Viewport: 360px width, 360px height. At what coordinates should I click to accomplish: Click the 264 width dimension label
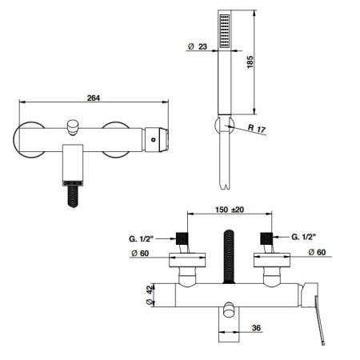pyautogui.click(x=94, y=98)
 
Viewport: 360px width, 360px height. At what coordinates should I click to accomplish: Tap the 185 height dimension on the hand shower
pyautogui.click(x=250, y=62)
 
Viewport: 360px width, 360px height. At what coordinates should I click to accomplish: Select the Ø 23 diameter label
pyautogui.click(x=198, y=46)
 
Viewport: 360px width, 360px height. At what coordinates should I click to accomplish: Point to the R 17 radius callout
pyautogui.click(x=257, y=129)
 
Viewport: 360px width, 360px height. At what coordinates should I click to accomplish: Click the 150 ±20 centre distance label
pyautogui.click(x=230, y=210)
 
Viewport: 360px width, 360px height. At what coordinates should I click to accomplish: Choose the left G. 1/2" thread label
pyautogui.click(x=141, y=239)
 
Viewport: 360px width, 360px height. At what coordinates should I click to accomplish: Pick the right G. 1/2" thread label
pyautogui.click(x=303, y=237)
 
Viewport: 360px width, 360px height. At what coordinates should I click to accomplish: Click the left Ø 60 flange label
pyautogui.click(x=140, y=253)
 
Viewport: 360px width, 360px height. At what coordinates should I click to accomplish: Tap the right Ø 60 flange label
pyautogui.click(x=317, y=252)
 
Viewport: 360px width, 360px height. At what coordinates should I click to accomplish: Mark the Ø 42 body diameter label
pyautogui.click(x=151, y=295)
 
